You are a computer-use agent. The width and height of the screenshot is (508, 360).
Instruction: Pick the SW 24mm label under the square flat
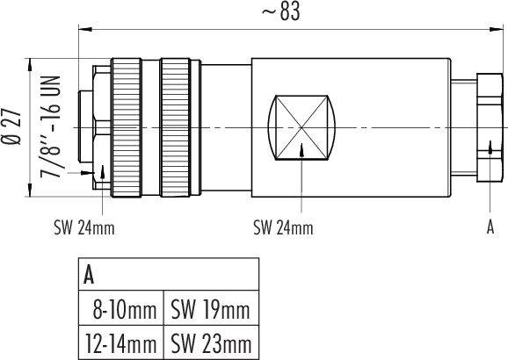[x=282, y=228]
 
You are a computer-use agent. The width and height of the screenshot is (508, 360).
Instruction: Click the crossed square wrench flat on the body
[x=301, y=127]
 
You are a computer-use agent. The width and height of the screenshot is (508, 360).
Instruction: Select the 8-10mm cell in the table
[x=124, y=309]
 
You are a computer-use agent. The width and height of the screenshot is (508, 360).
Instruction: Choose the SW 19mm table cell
[x=211, y=309]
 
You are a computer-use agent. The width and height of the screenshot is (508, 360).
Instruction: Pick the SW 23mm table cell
[x=211, y=342]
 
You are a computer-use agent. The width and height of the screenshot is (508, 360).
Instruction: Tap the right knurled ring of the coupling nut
[x=179, y=127]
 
